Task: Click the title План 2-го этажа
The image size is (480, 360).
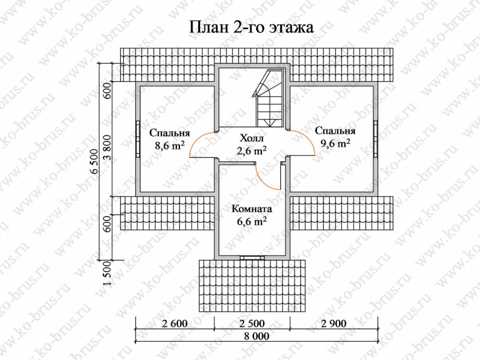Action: [x=252, y=27]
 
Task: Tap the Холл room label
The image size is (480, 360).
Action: [x=252, y=138]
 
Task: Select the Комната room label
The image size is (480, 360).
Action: [x=252, y=209]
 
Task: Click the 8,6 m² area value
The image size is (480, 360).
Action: [x=169, y=145]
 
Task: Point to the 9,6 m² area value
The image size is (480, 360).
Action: [x=335, y=143]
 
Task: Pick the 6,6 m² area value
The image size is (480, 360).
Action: [x=252, y=221]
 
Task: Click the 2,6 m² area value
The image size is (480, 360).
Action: [x=252, y=150]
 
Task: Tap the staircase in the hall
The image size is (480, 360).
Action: [x=267, y=98]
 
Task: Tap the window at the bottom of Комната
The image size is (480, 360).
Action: [x=252, y=257]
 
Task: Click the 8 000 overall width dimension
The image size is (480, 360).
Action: [x=257, y=336]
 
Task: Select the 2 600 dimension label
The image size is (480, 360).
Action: [x=174, y=323]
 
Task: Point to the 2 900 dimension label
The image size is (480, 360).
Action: [x=334, y=323]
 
